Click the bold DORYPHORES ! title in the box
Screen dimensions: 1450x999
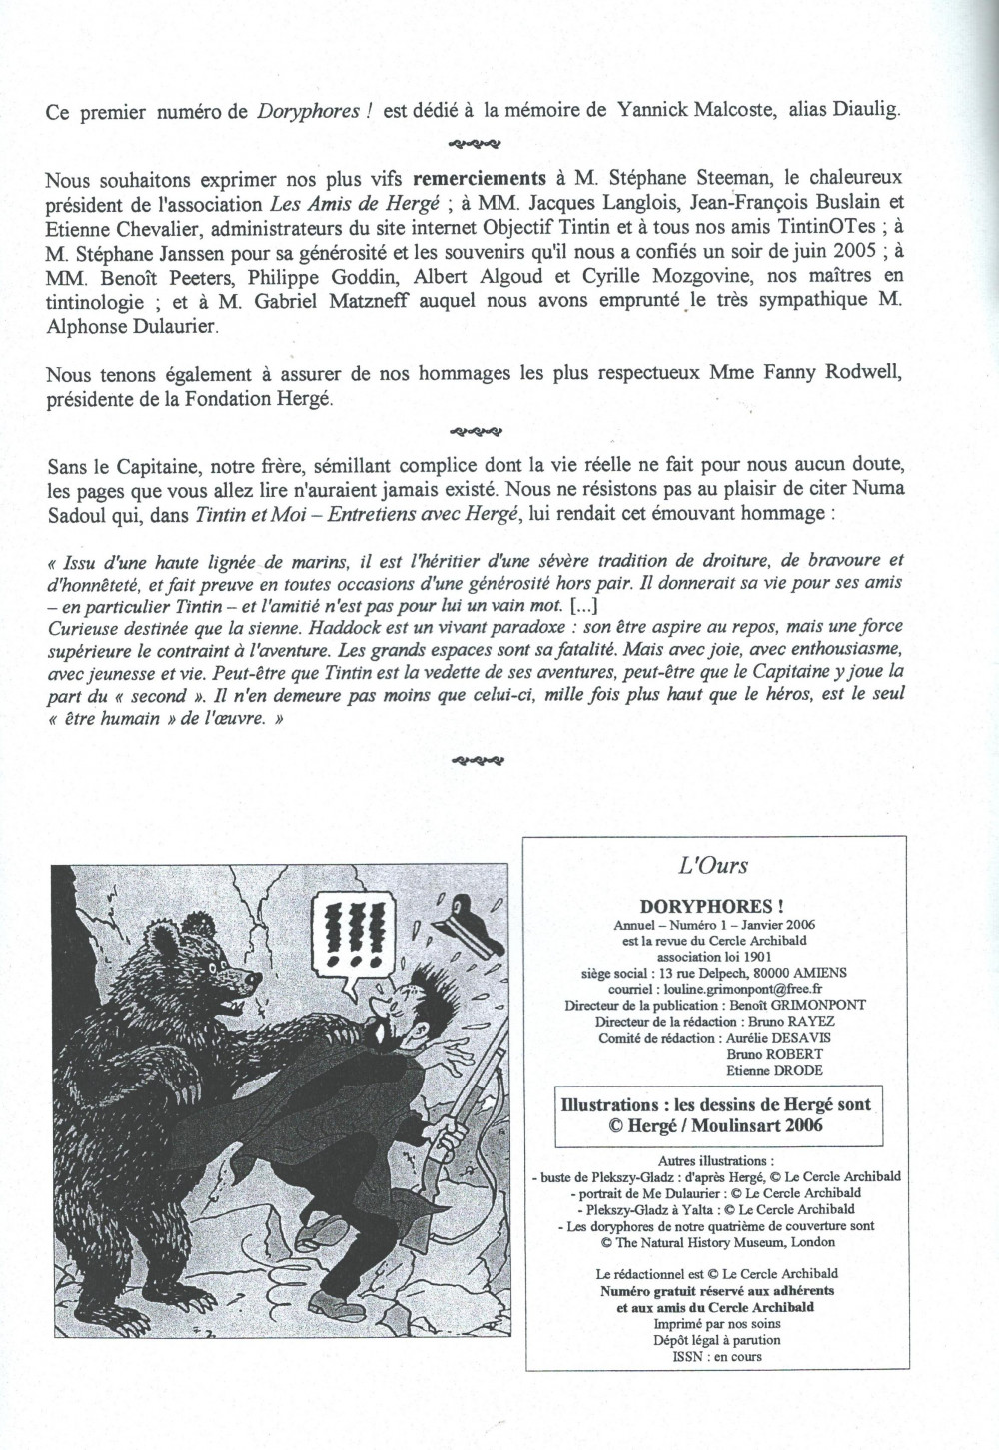713,906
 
